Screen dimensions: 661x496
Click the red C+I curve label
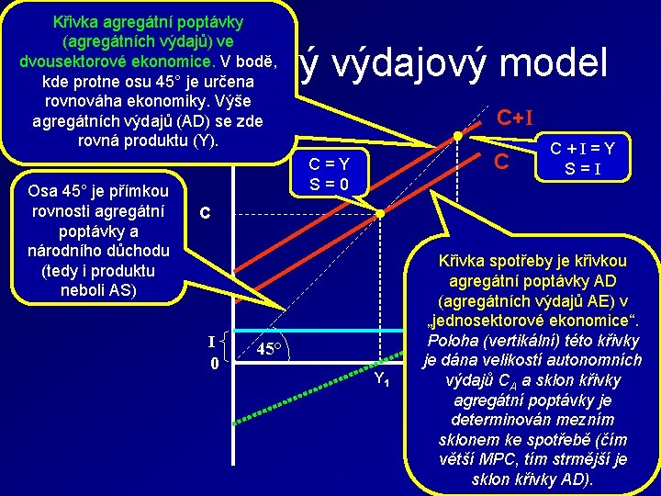(x=516, y=117)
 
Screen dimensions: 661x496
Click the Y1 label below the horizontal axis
(x=384, y=380)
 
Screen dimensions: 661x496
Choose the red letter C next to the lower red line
(x=501, y=162)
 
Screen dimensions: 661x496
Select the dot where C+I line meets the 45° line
(x=458, y=137)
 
